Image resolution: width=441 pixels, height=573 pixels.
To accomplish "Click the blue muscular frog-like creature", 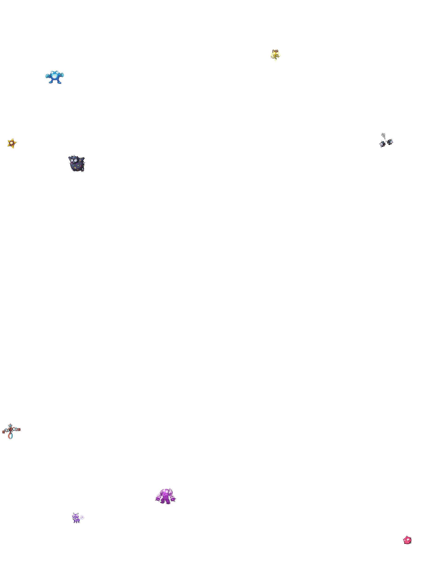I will point(55,77).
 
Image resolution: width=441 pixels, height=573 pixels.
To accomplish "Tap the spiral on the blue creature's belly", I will point(54,76).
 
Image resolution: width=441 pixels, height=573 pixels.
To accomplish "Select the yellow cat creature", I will point(275,55).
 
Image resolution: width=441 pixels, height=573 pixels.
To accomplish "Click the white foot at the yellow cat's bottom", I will point(275,60).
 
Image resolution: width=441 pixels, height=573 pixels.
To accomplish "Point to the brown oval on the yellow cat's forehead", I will point(275,51).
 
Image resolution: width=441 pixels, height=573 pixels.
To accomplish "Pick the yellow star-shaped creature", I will point(12,143).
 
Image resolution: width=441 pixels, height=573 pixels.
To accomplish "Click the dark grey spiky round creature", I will point(77,163).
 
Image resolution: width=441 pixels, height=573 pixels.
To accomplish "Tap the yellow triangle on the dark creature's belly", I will point(75,167).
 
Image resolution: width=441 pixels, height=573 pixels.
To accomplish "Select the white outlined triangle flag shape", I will point(383,135).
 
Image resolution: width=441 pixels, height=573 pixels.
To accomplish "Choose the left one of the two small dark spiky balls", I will point(382,144).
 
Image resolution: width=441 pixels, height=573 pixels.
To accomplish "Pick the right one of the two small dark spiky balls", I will point(390,142).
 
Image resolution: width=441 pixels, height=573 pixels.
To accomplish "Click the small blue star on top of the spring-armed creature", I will point(10,426).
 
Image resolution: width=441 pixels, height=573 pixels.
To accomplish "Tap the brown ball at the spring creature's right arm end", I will point(19,430).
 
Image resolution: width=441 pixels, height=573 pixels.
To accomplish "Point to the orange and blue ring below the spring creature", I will point(10,436).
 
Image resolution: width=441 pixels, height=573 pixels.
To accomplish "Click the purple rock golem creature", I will point(166,496).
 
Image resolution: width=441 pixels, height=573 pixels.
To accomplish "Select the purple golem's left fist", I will point(158,498).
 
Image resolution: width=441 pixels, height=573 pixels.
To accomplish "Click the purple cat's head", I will point(76,516).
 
